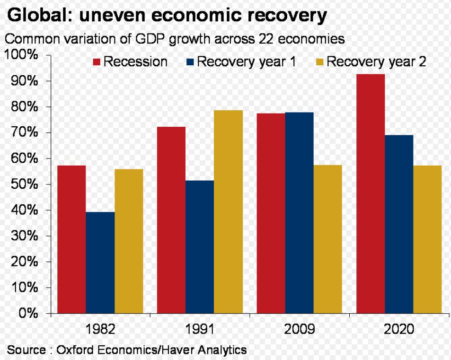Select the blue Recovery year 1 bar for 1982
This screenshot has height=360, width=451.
coord(100,262)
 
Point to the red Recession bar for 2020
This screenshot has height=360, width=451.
coord(370,193)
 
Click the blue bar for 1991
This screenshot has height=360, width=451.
coord(199,246)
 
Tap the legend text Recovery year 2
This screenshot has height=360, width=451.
coord(377,62)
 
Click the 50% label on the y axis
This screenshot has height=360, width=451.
coord(24,184)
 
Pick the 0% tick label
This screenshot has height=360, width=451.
coord(28,313)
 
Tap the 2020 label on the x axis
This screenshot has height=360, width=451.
coord(398,329)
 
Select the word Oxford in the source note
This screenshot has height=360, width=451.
coord(75,350)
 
